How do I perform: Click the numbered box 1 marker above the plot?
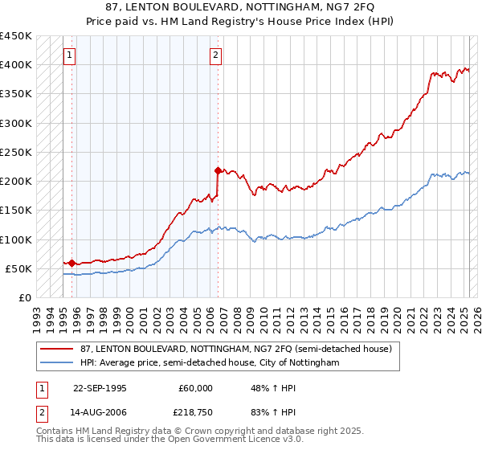coord(69,55)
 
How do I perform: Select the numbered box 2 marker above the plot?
coord(217,55)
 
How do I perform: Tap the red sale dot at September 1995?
coord(71,263)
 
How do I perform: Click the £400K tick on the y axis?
coord(16,64)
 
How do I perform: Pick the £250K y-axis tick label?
coord(16,152)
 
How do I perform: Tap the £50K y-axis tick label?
coord(19,268)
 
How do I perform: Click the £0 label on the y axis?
coord(26,297)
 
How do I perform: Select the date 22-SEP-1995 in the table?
coord(100,388)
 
